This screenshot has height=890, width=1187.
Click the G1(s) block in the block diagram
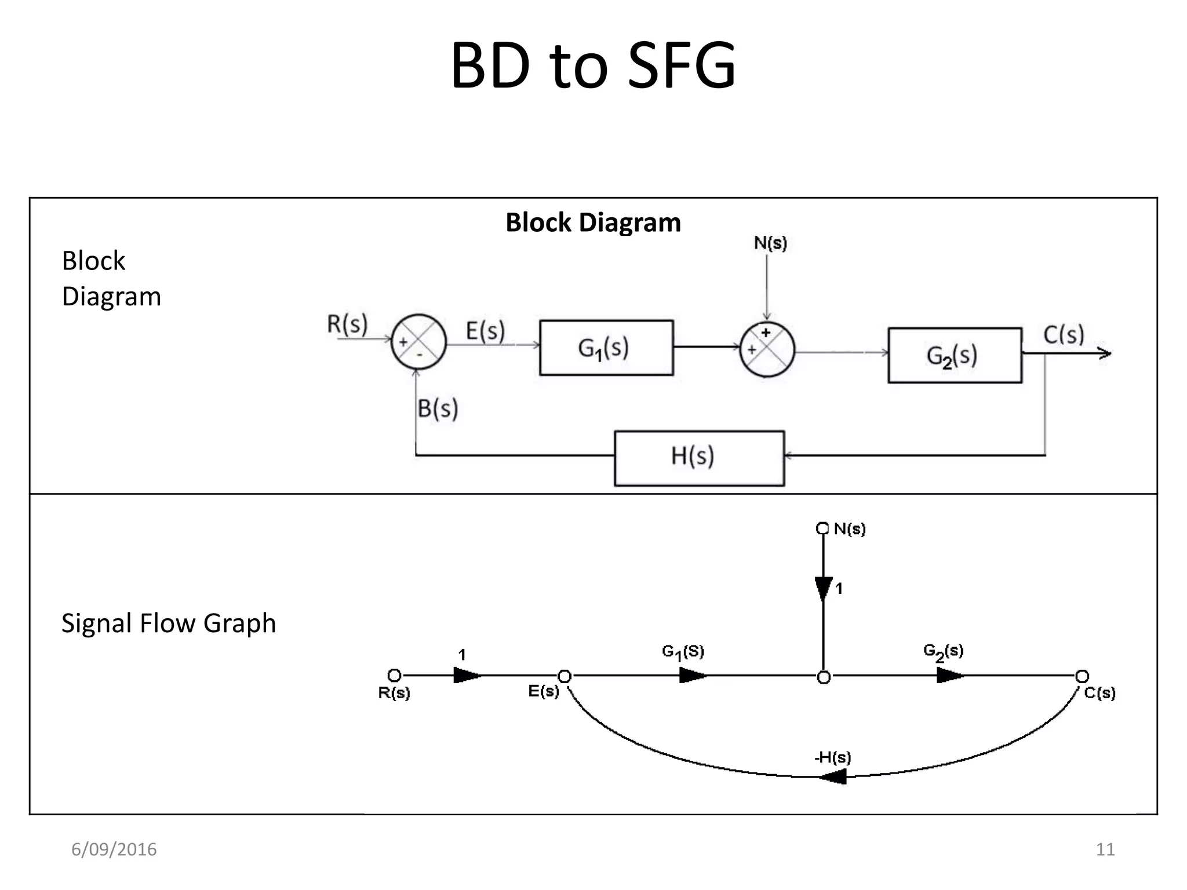606,348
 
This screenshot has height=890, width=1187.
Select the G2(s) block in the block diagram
955,355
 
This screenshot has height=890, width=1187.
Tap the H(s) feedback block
699,458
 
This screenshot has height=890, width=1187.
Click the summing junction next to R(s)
418,342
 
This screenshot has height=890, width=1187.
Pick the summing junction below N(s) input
767,349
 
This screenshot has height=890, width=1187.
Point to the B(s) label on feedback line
438,408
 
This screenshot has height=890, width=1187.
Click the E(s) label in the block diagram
485,331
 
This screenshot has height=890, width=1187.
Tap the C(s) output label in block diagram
1064,334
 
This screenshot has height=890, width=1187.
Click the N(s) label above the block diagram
770,243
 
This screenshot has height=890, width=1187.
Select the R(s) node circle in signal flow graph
394,675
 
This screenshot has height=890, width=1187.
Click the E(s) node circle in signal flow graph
565,676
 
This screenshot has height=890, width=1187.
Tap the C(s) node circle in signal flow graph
1082,676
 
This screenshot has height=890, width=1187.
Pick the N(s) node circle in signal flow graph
822,528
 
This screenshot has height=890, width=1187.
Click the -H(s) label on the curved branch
832,757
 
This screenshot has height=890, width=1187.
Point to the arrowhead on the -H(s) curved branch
833,776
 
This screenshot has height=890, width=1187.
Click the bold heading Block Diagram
593,222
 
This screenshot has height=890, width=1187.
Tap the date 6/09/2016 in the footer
114,849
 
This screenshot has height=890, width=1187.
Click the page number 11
1105,849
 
